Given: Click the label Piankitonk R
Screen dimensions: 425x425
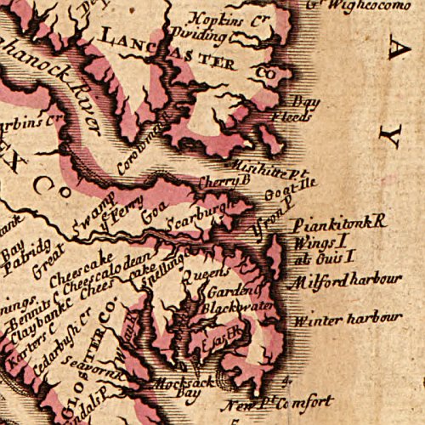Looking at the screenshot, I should coord(338,224).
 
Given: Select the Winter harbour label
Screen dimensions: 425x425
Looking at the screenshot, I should coord(345,320).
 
